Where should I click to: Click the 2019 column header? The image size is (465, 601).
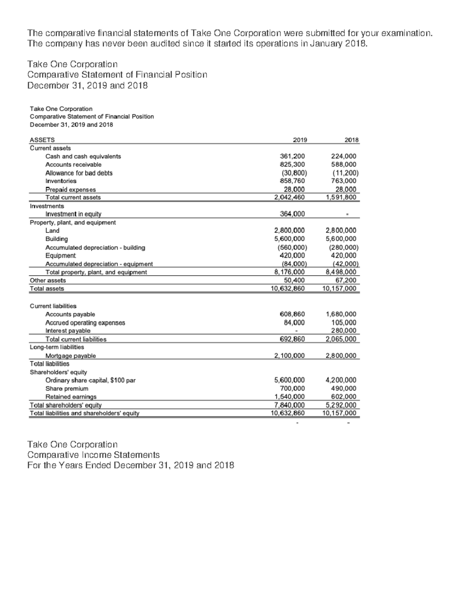click(300, 140)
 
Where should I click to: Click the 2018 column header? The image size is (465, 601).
click(351, 140)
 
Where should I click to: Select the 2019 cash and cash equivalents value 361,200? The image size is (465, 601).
click(292, 156)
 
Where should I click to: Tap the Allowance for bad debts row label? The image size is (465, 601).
click(79, 173)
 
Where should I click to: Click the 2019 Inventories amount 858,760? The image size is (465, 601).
click(292, 181)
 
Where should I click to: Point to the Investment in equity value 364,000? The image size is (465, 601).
click(292, 214)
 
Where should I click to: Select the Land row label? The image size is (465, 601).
click(52, 231)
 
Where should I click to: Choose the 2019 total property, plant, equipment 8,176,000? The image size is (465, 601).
click(289, 272)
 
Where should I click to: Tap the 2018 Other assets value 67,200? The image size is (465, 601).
click(346, 280)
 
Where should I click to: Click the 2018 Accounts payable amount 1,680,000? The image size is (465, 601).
click(341, 314)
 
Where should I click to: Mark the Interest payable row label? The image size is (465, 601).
click(68, 331)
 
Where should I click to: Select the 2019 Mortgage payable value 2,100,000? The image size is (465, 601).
click(289, 356)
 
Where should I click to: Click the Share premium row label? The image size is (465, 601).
click(67, 389)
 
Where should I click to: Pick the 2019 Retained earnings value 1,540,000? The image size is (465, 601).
click(289, 397)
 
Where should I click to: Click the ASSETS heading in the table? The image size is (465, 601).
click(42, 140)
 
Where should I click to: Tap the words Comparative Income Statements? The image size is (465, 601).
click(93, 455)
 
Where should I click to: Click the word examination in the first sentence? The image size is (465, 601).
click(406, 33)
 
